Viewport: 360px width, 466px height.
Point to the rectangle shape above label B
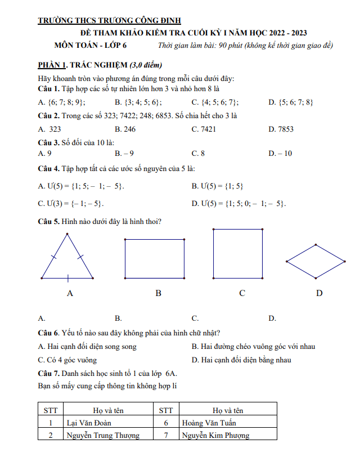click(154, 258)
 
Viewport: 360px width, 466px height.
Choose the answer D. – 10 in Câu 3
click(280, 153)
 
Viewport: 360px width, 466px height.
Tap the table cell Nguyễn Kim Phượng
click(215, 435)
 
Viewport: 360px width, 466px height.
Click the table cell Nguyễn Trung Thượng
click(103, 435)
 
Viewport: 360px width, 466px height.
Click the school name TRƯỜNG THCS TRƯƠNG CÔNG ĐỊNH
click(109, 21)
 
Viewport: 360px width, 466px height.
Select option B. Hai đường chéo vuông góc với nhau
click(253, 347)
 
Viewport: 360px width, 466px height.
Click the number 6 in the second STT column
click(166, 423)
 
